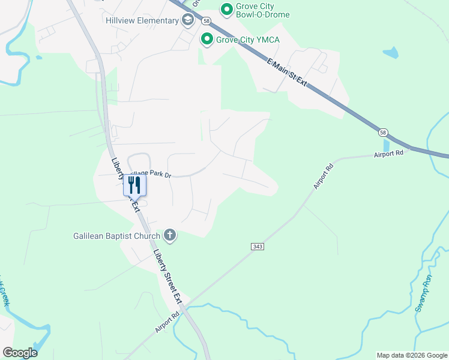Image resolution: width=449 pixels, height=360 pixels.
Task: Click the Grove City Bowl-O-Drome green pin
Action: [x=226, y=8]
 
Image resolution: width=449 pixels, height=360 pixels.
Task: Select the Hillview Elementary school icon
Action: [x=188, y=20]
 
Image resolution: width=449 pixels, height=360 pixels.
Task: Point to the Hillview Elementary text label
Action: [x=142, y=20]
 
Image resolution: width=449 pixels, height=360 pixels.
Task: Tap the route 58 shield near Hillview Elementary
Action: [x=205, y=20]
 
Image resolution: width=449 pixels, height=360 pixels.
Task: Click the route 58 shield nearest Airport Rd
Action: [x=382, y=131]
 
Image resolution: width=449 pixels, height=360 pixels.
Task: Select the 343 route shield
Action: [x=258, y=247]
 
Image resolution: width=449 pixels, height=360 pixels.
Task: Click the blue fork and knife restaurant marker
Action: [x=134, y=185]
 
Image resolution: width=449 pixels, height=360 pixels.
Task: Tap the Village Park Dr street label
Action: [x=151, y=175]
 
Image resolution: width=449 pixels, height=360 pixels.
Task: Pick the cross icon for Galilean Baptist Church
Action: [x=170, y=235]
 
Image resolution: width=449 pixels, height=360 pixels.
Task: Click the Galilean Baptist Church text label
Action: [x=117, y=236]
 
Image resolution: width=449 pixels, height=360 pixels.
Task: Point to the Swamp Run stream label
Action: [x=423, y=293]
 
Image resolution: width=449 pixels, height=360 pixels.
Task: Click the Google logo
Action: [x=20, y=353]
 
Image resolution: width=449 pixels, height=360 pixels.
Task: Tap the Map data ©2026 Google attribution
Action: [x=412, y=355]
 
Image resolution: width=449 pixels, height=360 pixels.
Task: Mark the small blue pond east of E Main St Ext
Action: [x=391, y=53]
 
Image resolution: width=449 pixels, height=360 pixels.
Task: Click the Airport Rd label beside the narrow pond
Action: [x=388, y=154]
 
